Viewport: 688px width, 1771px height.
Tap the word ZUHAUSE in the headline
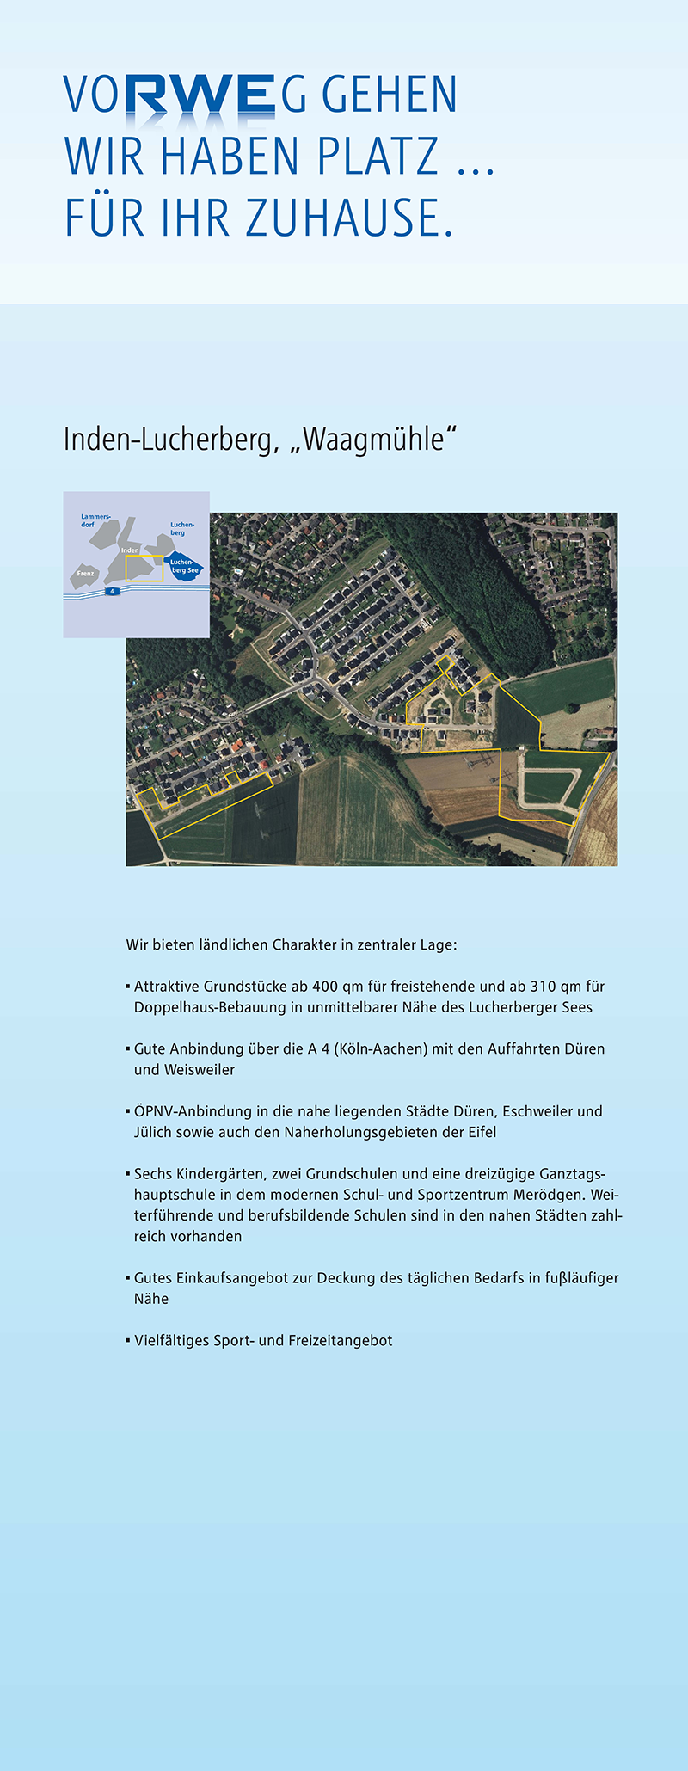[x=349, y=218]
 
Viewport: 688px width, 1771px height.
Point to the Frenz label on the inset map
[x=85, y=574]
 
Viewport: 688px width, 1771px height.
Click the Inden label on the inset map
[x=130, y=550]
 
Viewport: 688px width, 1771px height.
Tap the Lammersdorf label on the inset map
[x=95, y=520]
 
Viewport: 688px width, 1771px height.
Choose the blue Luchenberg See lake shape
[x=184, y=566]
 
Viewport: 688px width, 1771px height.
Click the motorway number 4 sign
[x=111, y=592]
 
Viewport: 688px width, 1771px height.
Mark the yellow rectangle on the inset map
[x=144, y=569]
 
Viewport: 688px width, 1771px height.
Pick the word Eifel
[x=480, y=1132]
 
